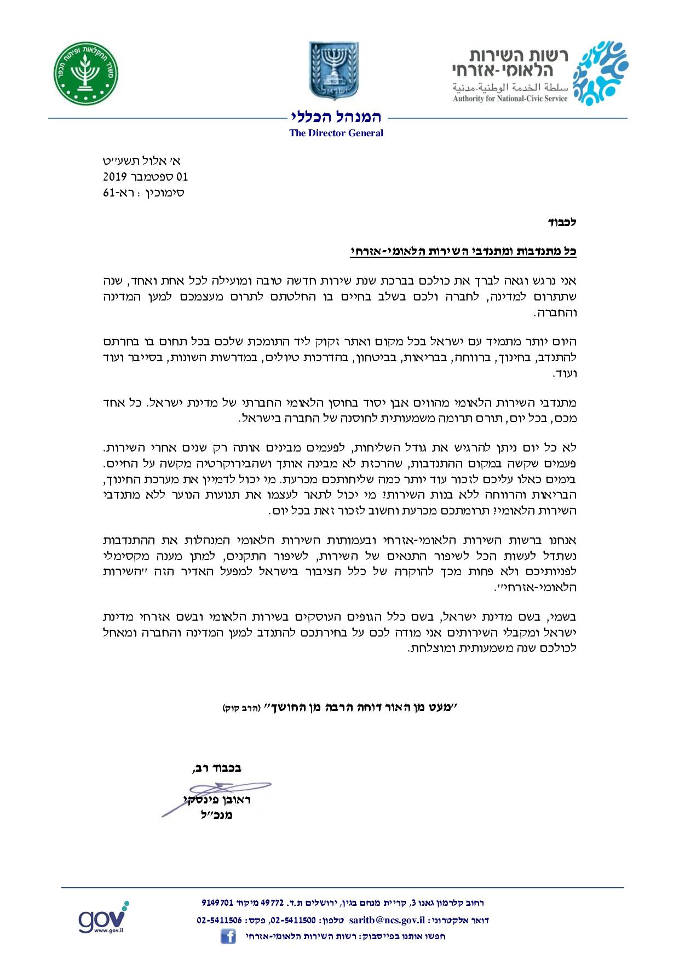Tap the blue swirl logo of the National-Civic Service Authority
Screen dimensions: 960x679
tap(600, 73)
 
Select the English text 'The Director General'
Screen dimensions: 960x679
tap(336, 133)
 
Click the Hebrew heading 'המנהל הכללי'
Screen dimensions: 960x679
tap(336, 117)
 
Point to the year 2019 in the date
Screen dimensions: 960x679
tap(115, 177)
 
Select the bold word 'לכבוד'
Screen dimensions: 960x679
tap(562, 223)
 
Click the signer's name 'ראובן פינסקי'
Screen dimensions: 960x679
tap(217, 800)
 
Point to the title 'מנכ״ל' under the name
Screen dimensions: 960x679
tap(217, 815)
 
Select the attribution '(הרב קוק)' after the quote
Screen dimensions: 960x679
tap(237, 708)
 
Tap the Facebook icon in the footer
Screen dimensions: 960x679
tap(228, 936)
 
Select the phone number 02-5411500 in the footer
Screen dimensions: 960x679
tap(292, 920)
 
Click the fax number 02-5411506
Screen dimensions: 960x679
tap(219, 920)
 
